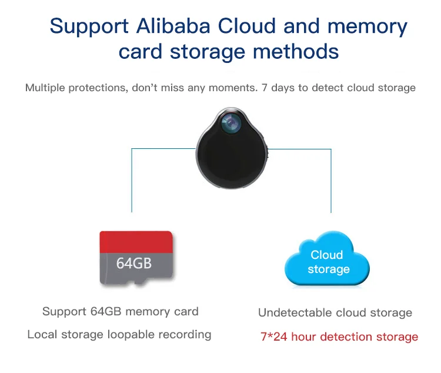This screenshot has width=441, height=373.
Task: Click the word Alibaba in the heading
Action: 171,27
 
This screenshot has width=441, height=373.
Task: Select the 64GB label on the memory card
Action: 133,262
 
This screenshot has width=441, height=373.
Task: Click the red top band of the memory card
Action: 136,242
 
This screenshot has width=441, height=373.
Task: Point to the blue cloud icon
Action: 327,259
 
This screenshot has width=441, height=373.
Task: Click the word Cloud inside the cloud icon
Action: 327,255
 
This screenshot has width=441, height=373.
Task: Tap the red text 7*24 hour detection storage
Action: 339,337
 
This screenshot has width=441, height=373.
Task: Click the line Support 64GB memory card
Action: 121,312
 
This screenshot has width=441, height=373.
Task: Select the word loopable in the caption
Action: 133,335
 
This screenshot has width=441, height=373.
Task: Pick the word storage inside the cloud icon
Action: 328,269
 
